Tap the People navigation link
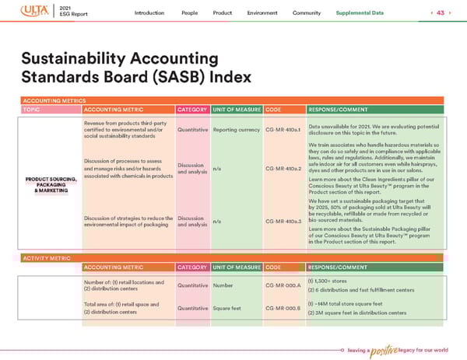(189, 13)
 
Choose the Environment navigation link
(262, 13)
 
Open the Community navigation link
(307, 13)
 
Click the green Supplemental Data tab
(360, 13)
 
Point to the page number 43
(441, 13)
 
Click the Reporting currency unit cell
(237, 130)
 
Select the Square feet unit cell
(229, 309)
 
